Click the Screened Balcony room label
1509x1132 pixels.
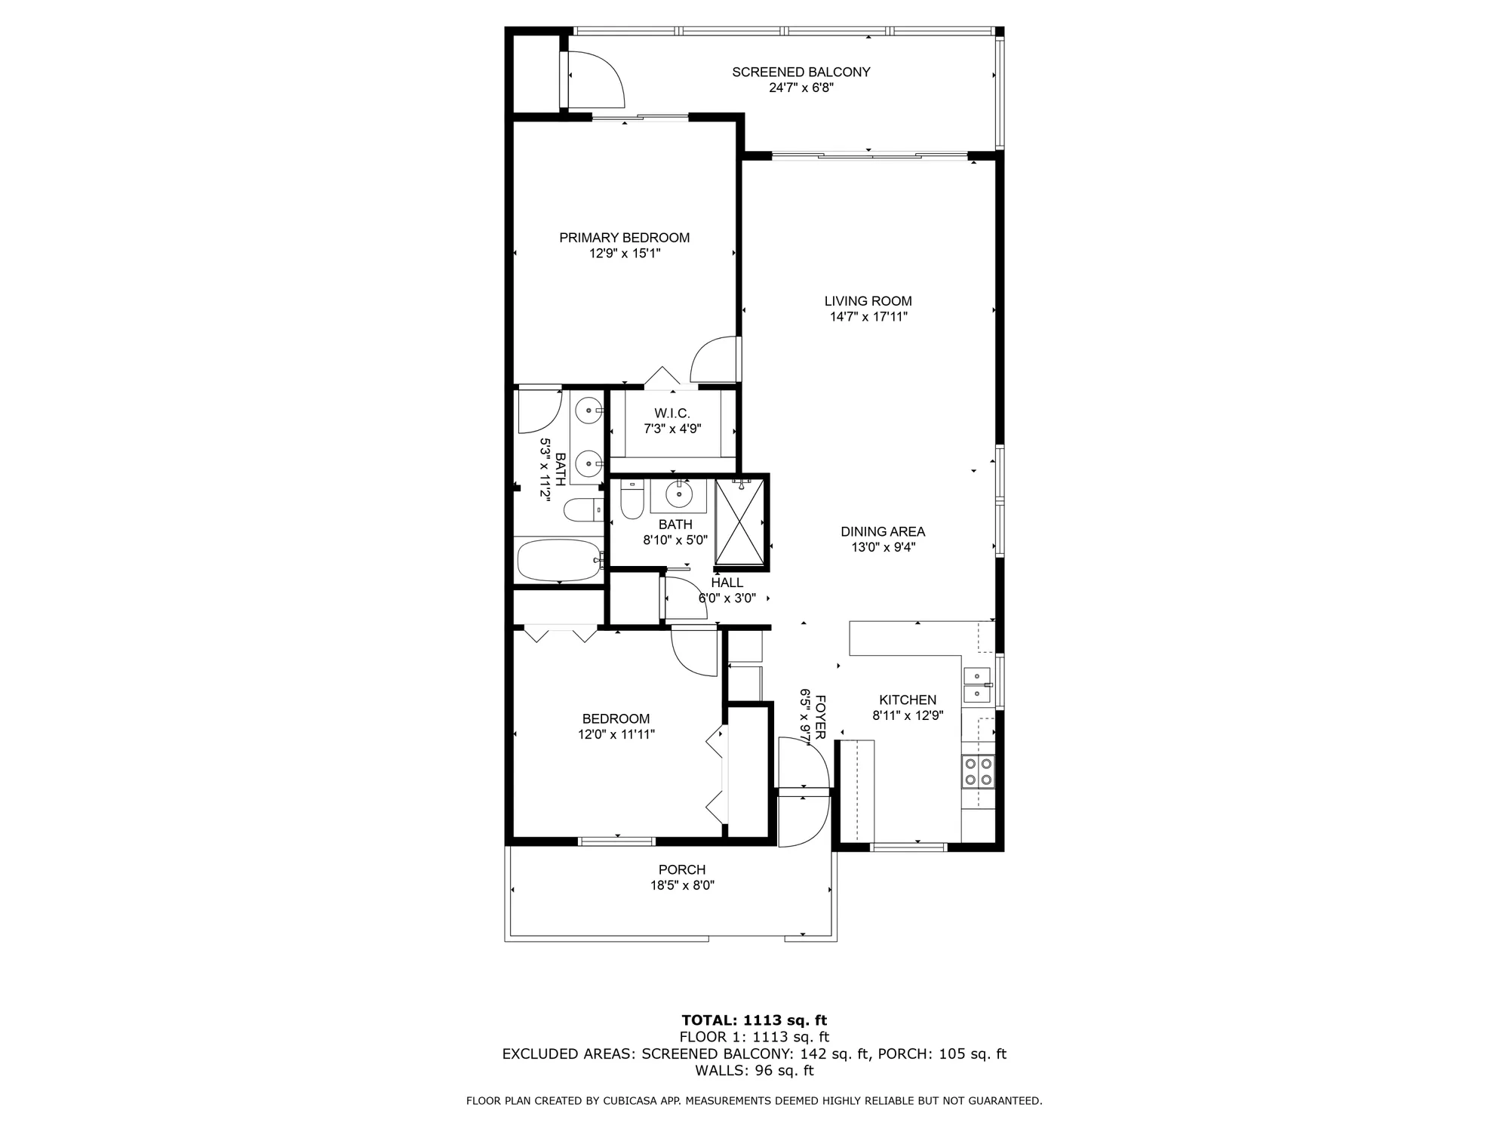tap(801, 72)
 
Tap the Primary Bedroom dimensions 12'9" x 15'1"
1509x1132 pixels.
tap(625, 254)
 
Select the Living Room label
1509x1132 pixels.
tap(868, 301)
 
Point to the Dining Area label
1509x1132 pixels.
tap(883, 532)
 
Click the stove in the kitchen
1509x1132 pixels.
tap(978, 771)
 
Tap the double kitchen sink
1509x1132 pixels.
tap(976, 684)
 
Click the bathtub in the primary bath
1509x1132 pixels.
tap(558, 560)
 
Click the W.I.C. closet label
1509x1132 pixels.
tap(672, 414)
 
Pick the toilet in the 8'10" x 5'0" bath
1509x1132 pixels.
tap(631, 501)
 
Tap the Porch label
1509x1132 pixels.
tap(682, 869)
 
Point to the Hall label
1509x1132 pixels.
tap(727, 583)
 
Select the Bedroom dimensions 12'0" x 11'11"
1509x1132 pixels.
tap(616, 734)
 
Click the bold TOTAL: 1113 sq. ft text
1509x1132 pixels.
tap(754, 1020)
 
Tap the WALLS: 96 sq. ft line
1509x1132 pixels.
tap(754, 1070)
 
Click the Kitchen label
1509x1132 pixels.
tap(908, 700)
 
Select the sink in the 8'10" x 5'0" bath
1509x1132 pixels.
tap(678, 494)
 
